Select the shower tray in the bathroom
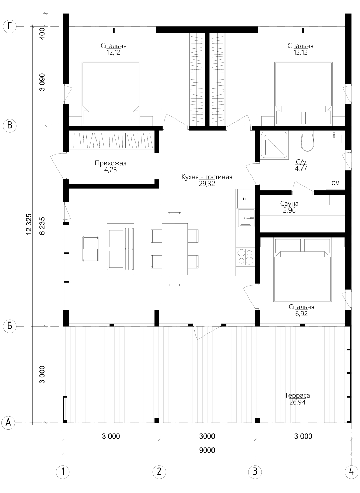[274, 145]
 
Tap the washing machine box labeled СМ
[335, 183]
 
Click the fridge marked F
[245, 198]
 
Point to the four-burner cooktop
[245, 256]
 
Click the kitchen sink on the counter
[246, 218]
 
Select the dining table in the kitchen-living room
[175, 249]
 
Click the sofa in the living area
[120, 249]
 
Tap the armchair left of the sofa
[91, 249]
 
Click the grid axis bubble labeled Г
[10, 27]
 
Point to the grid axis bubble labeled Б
[10, 326]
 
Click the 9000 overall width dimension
[207, 450]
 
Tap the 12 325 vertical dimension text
[29, 224]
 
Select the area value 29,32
[207, 184]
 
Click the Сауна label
[289, 204]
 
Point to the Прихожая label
[111, 163]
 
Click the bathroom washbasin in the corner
[334, 138]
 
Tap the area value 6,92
[301, 314]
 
